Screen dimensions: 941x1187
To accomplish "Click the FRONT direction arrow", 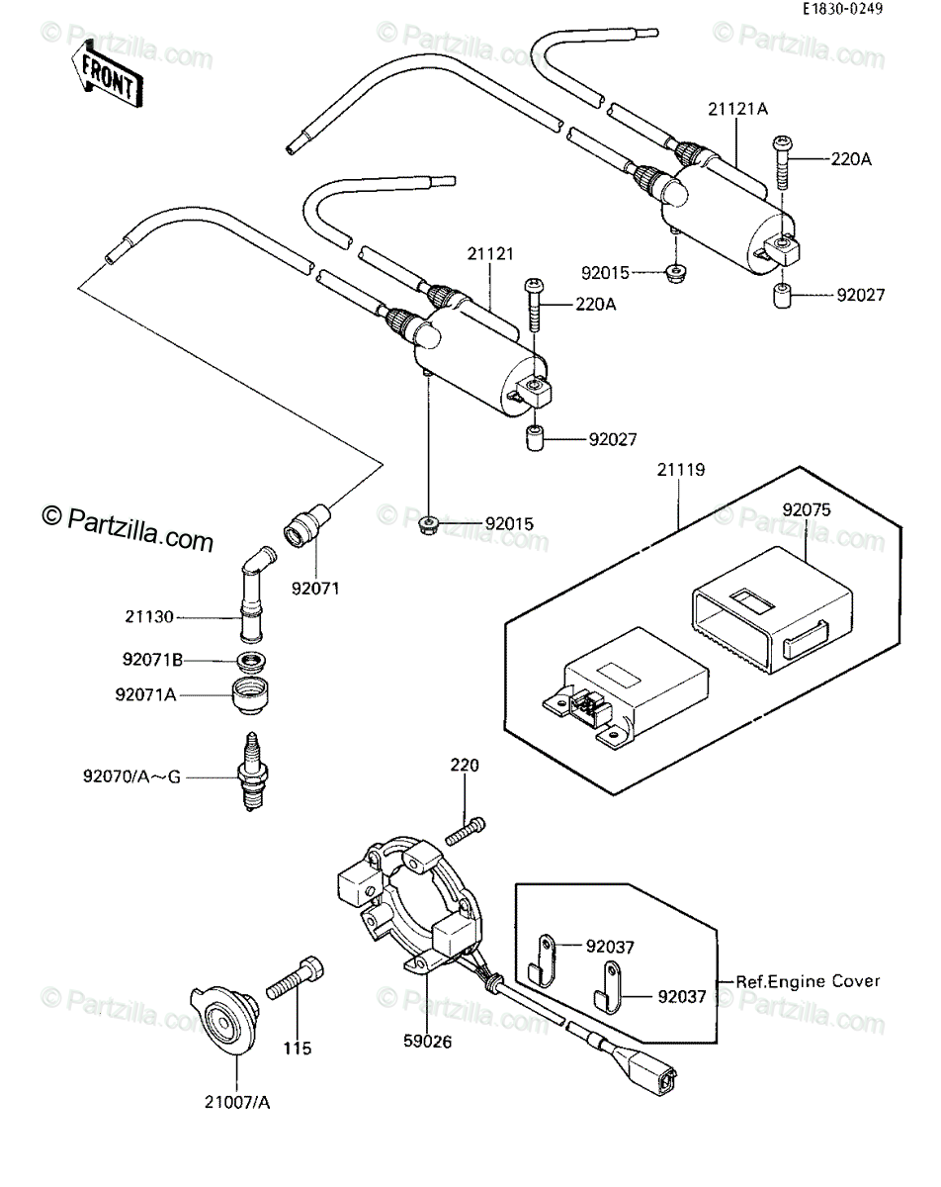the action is [107, 73].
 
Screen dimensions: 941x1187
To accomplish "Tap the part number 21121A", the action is [737, 109].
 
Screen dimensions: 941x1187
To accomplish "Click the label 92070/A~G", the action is [131, 777].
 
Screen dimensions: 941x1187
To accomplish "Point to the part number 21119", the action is [681, 470].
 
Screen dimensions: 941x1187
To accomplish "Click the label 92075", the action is [806, 509].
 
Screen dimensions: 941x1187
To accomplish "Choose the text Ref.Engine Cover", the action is [809, 981].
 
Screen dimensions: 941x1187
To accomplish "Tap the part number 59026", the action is [427, 1042].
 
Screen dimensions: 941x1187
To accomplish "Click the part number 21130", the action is [149, 616].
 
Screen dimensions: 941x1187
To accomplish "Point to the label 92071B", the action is [152, 660].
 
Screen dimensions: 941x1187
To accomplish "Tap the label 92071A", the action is [145, 695].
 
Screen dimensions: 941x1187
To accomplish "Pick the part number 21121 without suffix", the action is [490, 254].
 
